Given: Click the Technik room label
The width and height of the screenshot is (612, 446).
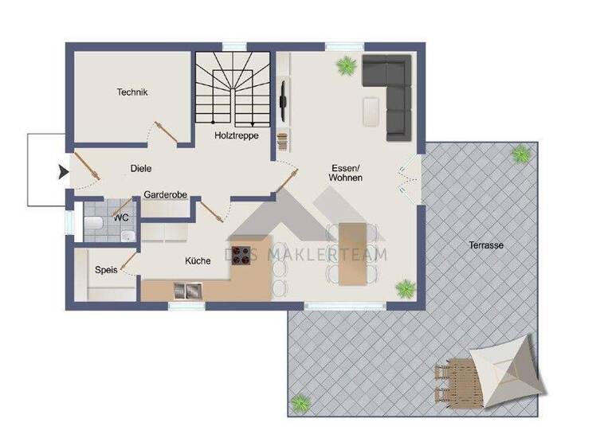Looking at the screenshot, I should click(132, 92).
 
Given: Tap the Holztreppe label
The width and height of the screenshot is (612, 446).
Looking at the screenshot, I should click(236, 135).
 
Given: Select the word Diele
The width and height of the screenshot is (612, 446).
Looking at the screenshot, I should click(141, 168).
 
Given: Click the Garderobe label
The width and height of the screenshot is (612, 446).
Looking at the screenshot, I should click(165, 194).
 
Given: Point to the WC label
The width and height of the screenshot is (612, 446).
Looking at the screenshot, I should click(121, 217).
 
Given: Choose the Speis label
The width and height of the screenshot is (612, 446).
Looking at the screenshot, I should click(106, 270).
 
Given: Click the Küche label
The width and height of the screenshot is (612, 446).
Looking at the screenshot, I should click(198, 260).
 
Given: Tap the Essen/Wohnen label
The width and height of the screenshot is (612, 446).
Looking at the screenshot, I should click(346, 173).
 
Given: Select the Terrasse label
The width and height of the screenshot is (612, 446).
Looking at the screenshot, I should click(485, 246).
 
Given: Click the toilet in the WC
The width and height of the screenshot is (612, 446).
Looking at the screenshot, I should click(91, 223).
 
